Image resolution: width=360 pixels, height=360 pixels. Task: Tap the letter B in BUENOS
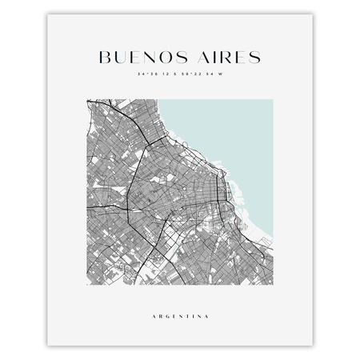tap(103, 58)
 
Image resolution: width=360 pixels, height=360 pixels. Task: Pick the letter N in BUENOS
tap(146, 58)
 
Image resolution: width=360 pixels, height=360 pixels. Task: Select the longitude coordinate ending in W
tap(201, 74)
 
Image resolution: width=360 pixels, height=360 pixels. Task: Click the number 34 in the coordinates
tap(141, 74)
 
